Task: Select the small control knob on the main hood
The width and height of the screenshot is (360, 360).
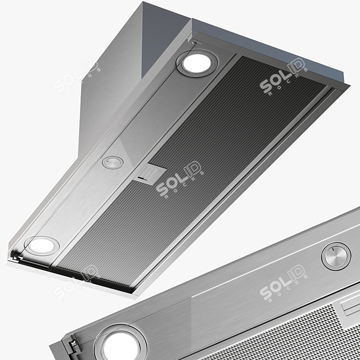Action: click(112, 162)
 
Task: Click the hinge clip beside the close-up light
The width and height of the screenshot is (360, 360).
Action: click(68, 344)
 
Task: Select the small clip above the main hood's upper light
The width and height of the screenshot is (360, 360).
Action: click(189, 41)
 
